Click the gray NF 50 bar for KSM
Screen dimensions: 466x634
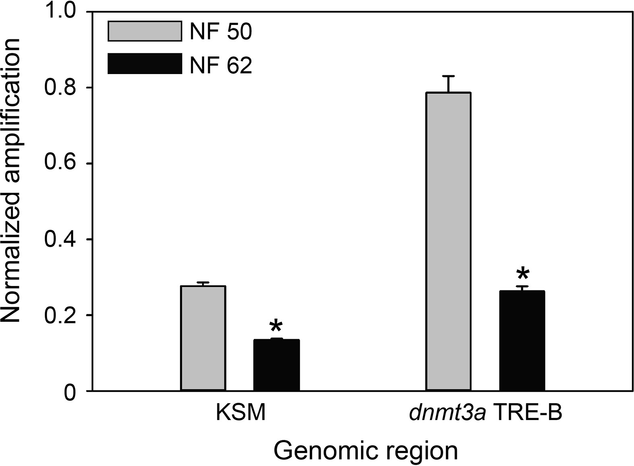tap(203, 338)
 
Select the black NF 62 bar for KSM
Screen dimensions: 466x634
tap(276, 365)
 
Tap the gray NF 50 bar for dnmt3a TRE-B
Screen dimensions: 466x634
tap(448, 241)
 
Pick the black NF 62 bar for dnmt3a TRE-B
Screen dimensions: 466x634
tap(522, 341)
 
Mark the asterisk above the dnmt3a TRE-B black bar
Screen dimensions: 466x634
tap(522, 274)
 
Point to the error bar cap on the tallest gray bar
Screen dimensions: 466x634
tap(448, 76)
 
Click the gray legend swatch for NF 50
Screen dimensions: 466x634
tap(145, 31)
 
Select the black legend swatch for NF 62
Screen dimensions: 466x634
tap(145, 64)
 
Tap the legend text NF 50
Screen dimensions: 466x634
tap(221, 32)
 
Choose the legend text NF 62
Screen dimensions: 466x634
tap(221, 65)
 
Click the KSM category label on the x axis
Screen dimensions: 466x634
tap(241, 414)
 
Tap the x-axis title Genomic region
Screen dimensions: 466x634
tap(366, 452)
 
